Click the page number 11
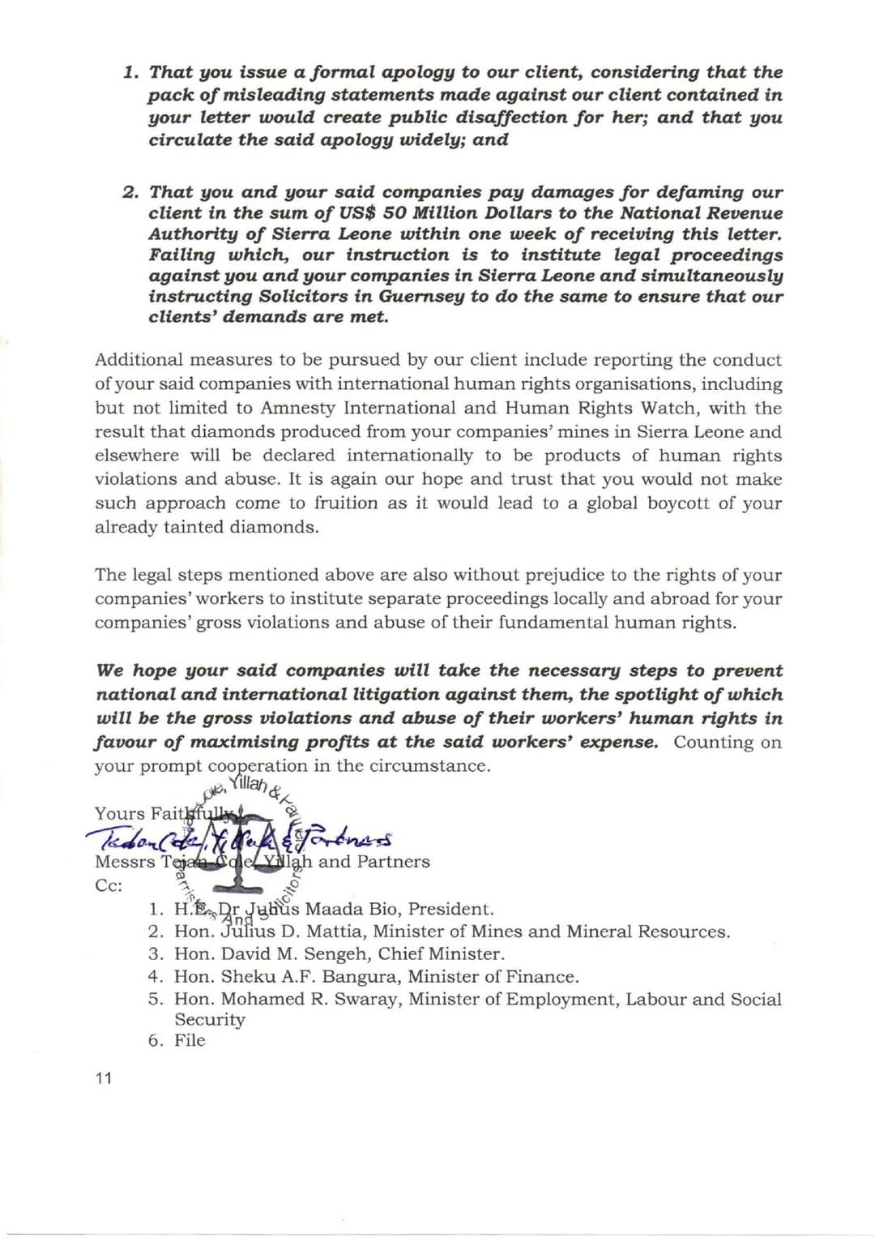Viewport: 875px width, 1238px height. point(104,1077)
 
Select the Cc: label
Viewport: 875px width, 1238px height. point(109,885)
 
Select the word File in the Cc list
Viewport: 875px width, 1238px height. point(190,1040)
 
